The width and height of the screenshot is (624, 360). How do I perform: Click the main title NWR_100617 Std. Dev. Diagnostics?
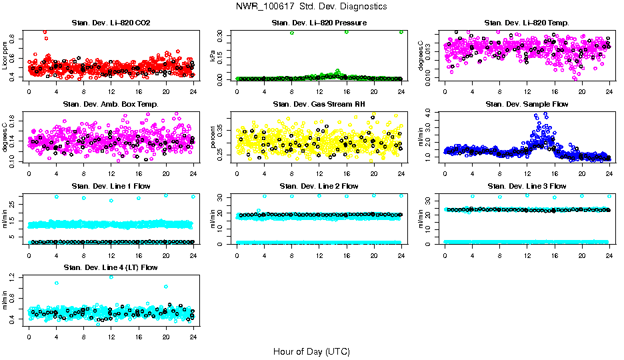click(x=311, y=7)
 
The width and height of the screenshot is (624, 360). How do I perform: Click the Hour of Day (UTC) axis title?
click(x=311, y=351)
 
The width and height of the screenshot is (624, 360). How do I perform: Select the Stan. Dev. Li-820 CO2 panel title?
click(x=111, y=23)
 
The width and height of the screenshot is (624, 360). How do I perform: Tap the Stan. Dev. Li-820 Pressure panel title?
click(x=319, y=23)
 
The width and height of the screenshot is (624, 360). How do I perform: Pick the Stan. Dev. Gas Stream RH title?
click(x=319, y=105)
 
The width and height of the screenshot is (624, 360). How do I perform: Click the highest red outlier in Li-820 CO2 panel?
click(x=45, y=31)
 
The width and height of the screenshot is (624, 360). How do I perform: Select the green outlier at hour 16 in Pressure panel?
click(x=347, y=32)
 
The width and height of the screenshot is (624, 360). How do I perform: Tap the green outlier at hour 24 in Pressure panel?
click(x=401, y=31)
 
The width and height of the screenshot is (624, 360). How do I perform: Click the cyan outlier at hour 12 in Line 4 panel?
click(x=111, y=277)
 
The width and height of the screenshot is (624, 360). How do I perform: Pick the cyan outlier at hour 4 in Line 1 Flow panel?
click(x=57, y=197)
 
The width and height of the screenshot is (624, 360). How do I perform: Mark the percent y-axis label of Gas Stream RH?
click(x=213, y=137)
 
